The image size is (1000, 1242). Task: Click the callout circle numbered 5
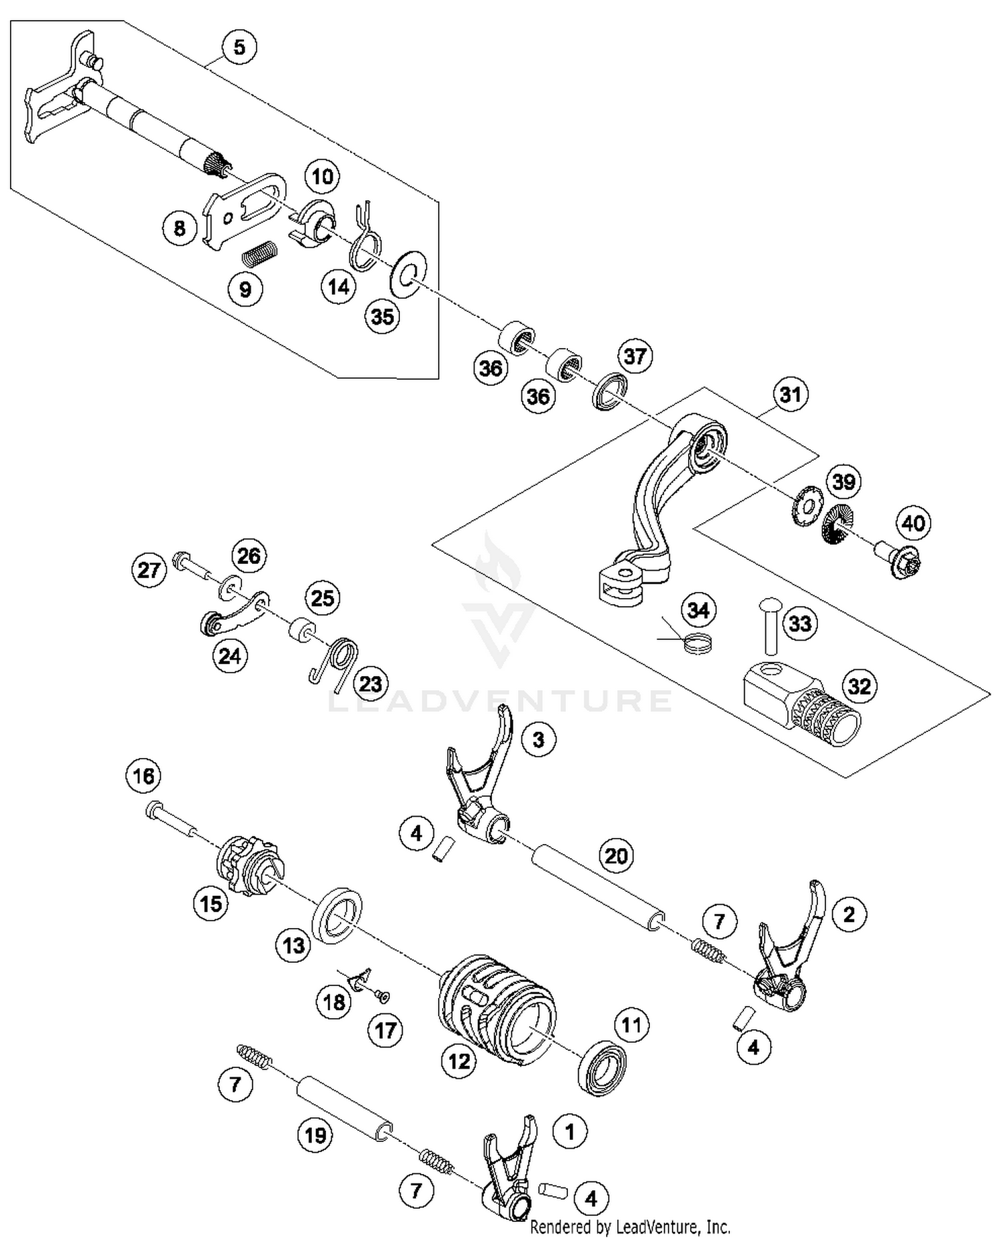[239, 47]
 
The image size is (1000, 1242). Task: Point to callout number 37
[635, 356]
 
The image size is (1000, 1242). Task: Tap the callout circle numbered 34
[698, 610]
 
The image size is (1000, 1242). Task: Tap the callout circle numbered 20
[616, 855]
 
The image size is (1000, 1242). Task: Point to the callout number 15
[211, 904]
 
